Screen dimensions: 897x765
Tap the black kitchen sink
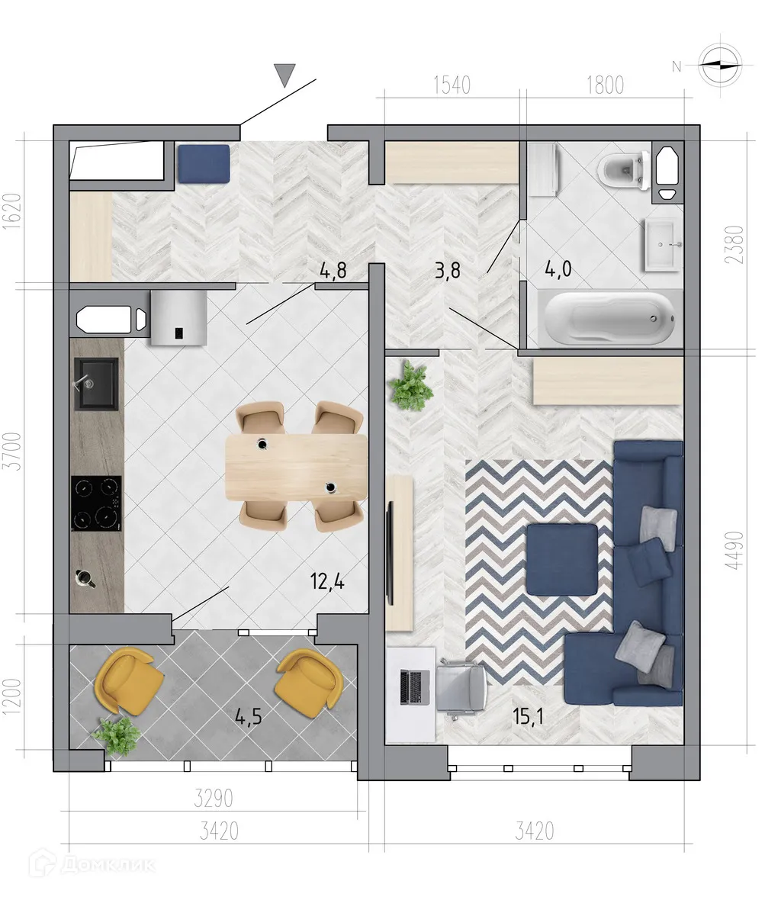point(96,384)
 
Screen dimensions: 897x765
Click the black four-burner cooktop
point(96,503)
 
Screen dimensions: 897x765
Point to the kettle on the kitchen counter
point(83,579)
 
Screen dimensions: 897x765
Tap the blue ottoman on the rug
point(561,560)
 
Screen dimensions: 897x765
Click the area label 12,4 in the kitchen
point(327,584)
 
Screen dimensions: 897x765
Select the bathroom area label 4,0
point(560,270)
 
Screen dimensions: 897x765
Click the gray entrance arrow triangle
point(284,75)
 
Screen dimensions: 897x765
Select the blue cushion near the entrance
point(204,163)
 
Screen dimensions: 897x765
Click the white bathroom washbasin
point(663,244)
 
